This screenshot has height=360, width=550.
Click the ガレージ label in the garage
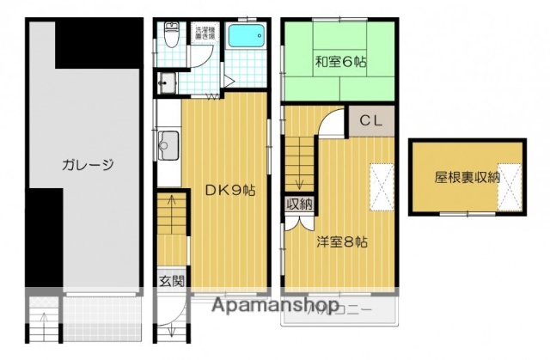coord(88,165)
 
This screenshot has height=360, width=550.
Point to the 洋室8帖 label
coord(341,242)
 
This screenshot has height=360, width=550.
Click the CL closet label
coord(370,119)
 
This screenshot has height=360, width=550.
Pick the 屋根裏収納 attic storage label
coord(467,178)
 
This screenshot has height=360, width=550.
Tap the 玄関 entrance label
coord(170,281)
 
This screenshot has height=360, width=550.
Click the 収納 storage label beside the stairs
coord(299,204)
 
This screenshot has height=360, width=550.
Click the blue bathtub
coord(249,38)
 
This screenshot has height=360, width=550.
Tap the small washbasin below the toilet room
coord(166,83)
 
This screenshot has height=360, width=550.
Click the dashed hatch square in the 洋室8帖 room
coord(382,186)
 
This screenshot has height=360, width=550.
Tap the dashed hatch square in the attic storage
coord(511,186)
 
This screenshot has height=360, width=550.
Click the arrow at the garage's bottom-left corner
coord(44,326)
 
